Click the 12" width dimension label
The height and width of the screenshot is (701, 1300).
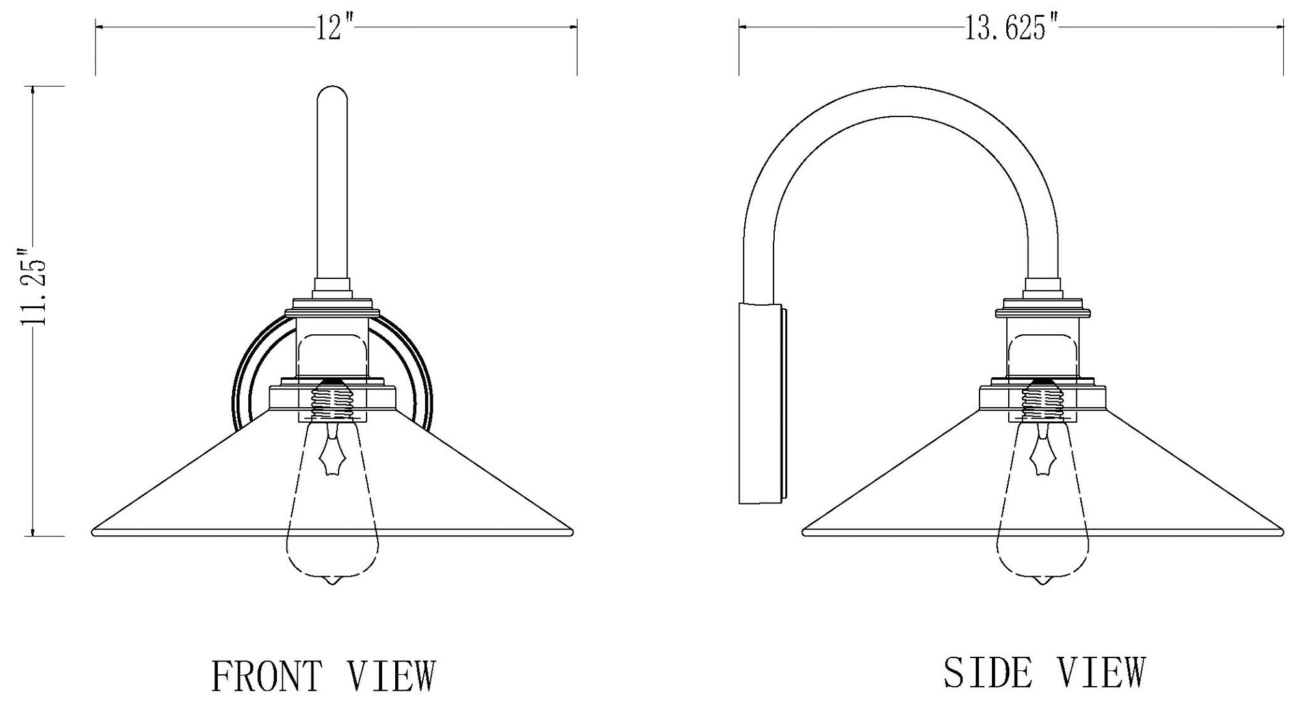(x=335, y=28)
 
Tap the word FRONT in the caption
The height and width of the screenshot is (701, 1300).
(x=266, y=676)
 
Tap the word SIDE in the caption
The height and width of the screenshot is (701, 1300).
(x=987, y=672)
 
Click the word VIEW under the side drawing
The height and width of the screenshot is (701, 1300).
(x=1101, y=672)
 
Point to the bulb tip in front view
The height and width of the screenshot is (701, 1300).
(x=332, y=581)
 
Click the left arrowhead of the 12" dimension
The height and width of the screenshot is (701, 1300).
(x=99, y=27)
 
